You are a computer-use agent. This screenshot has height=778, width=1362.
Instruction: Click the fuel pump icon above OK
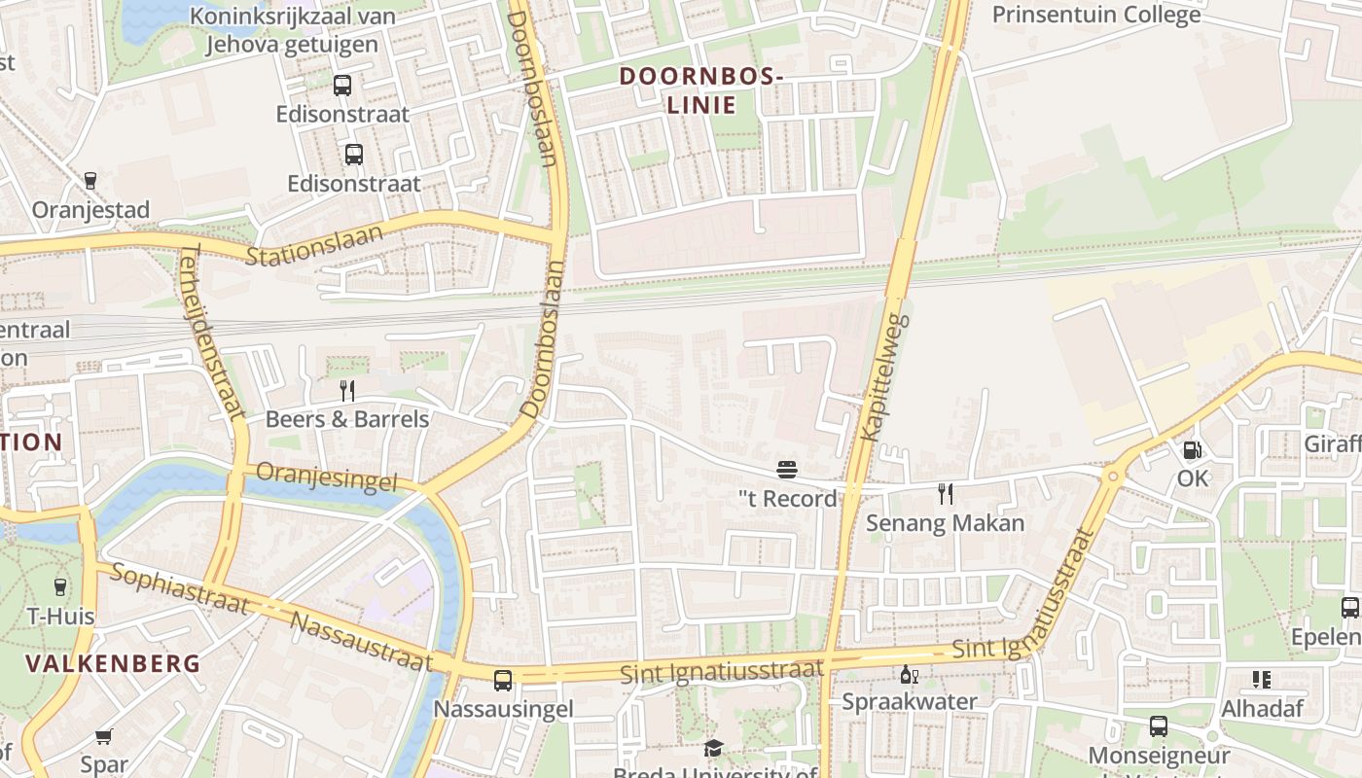(1192, 450)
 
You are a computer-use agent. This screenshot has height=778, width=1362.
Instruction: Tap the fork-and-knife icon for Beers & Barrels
(347, 391)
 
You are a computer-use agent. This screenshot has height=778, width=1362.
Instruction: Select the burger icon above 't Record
(787, 471)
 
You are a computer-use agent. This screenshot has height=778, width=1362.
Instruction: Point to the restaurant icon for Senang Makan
(945, 494)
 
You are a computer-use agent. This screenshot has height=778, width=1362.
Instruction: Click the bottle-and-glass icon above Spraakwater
(909, 674)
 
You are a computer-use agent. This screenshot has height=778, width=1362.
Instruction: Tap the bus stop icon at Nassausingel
(503, 681)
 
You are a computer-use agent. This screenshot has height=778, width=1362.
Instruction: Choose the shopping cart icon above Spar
(104, 736)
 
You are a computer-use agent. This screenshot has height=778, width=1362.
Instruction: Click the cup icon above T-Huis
(59, 586)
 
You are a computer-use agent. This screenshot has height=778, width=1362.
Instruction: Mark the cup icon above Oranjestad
(90, 181)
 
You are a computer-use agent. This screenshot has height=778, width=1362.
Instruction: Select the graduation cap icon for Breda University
(714, 748)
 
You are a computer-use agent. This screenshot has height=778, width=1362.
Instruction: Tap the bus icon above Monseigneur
(1158, 725)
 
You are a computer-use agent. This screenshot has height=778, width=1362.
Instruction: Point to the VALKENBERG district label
(113, 664)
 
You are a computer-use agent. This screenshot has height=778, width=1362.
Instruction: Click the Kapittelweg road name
(884, 376)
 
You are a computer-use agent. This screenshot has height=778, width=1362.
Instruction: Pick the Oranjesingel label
(327, 478)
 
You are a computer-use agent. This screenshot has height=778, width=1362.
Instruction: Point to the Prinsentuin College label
(1095, 15)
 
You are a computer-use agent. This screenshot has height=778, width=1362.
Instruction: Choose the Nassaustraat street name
(361, 642)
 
